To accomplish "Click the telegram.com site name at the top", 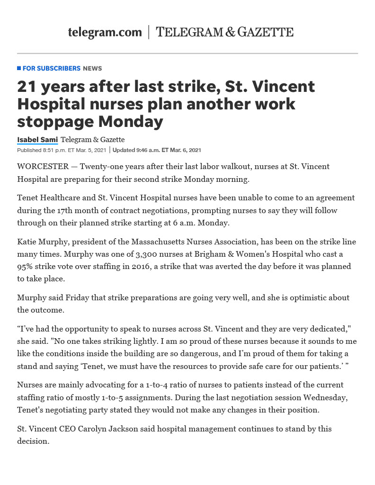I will [105, 32].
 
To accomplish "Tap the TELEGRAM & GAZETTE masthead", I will [224, 32].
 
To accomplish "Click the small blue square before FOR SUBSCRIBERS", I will [19, 68].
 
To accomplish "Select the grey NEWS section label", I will [92, 68].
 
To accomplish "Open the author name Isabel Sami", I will [37, 139].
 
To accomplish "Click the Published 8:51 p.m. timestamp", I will [62, 150].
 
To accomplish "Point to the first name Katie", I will [27, 242].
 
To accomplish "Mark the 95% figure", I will [27, 266].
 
